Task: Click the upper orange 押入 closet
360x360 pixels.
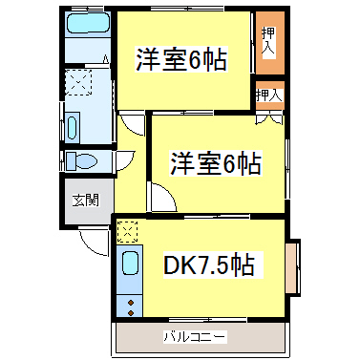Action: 270,43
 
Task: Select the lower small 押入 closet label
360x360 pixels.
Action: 269,95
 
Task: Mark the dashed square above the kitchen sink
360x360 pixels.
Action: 128,230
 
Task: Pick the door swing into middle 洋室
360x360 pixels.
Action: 159,198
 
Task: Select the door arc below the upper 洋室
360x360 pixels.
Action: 131,124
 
